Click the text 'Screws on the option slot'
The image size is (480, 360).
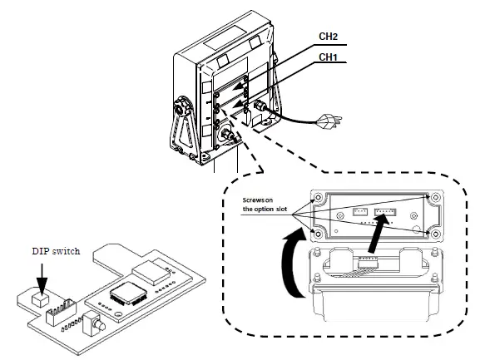click(x=265, y=205)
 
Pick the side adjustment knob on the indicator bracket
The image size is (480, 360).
click(x=181, y=110)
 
